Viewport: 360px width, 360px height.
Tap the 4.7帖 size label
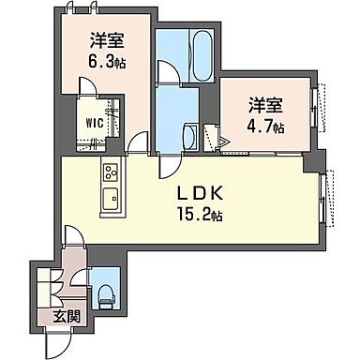pyautogui.click(x=265, y=126)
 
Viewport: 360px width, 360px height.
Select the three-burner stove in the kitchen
pyautogui.click(x=110, y=172)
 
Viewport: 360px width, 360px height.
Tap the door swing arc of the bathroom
pyautogui.click(x=167, y=72)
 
